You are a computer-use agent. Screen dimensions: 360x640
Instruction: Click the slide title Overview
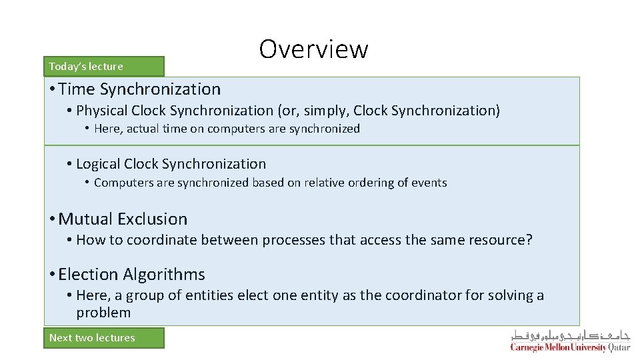(313, 49)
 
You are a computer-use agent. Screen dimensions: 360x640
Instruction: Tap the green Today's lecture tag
(103, 66)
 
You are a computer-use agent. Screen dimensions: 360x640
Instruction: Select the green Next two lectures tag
(103, 337)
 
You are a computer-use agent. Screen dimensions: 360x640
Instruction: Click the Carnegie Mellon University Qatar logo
(570, 341)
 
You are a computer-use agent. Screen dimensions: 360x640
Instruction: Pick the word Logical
(98, 164)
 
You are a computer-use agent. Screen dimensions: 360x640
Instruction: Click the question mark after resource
(529, 240)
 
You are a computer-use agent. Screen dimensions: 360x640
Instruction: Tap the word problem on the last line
(103, 313)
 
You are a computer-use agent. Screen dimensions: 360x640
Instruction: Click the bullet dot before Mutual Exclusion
(52, 219)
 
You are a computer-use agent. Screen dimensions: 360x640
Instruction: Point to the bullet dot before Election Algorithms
(52, 275)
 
